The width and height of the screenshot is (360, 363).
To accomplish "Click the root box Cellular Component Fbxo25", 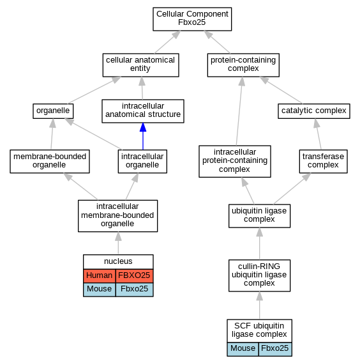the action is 192,19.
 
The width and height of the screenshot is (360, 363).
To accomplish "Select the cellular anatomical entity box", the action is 140,65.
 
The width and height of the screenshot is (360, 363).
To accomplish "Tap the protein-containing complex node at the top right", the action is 243,65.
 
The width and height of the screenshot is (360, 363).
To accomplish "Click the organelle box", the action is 53,111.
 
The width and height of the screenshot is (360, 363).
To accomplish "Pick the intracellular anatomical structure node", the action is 143,111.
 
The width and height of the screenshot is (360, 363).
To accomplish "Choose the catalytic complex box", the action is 314,111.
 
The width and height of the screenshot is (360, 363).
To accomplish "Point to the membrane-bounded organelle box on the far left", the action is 50,161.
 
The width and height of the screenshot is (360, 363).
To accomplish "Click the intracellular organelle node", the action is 142,161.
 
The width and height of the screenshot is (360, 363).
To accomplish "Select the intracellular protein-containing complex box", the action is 235,161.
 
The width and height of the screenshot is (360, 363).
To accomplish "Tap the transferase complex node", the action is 323,161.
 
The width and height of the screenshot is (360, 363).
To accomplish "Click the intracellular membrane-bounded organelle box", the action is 117,216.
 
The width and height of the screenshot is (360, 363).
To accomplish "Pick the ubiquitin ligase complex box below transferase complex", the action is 259,216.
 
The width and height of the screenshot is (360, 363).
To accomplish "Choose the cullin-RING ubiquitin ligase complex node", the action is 259,275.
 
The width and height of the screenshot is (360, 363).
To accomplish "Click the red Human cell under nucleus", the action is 100,275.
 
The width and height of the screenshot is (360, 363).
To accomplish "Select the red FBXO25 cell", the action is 134,275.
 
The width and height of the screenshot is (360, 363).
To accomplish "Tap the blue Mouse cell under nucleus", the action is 100,290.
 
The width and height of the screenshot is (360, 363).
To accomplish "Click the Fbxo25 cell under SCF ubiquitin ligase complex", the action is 275,349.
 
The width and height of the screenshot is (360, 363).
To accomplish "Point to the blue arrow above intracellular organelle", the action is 143,136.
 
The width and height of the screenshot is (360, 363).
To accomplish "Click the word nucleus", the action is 118,261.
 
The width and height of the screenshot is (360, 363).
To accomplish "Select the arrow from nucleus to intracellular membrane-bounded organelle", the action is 118,243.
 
